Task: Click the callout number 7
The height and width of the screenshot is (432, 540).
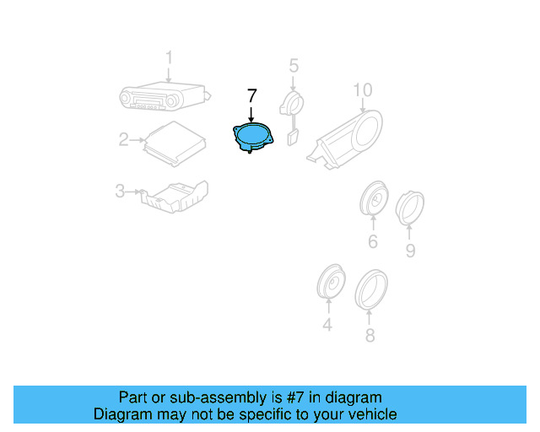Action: tap(251, 96)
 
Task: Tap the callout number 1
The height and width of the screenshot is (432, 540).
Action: tap(168, 57)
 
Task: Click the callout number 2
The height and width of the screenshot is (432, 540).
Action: tap(124, 139)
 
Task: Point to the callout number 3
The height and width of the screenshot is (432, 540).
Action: tap(120, 192)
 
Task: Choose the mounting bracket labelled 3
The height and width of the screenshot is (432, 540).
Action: tap(175, 196)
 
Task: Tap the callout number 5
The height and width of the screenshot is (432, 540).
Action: tap(294, 65)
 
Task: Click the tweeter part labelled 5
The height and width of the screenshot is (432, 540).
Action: tap(292, 110)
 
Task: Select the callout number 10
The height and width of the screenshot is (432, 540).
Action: tap(362, 89)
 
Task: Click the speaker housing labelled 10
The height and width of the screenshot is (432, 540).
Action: tap(350, 135)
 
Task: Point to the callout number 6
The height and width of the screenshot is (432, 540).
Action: tap(372, 243)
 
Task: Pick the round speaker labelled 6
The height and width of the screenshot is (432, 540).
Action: tap(373, 199)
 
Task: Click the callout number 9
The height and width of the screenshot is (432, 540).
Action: tap(410, 251)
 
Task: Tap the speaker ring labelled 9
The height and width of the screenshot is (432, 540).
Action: tap(410, 208)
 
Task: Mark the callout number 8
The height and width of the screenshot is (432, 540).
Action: tap(369, 335)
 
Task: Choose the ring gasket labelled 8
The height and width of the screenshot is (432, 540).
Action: tap(370, 287)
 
